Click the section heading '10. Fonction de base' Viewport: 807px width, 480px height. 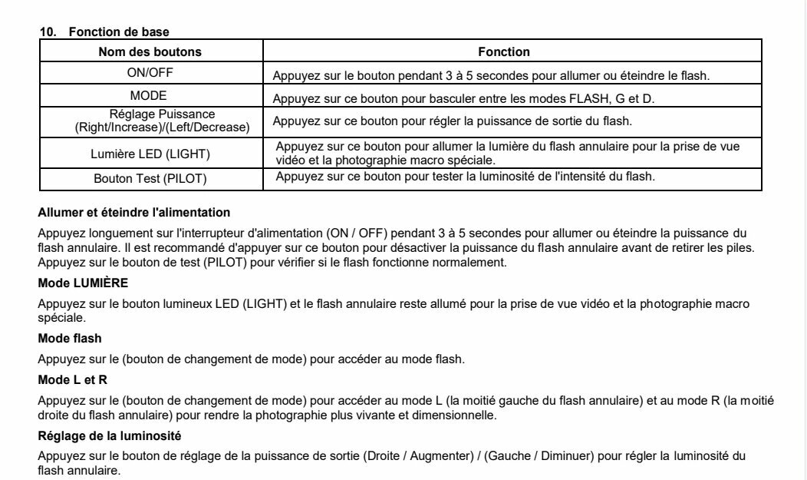coord(104,31)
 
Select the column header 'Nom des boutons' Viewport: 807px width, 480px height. coord(150,52)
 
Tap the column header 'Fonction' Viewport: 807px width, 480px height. coord(504,52)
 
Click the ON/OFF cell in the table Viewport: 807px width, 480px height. coord(150,74)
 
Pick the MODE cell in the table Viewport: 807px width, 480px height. coord(150,96)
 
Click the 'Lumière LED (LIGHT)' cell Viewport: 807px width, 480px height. coord(150,154)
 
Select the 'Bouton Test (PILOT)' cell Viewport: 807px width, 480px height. coord(150,178)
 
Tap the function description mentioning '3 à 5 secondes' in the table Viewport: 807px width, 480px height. coord(491,76)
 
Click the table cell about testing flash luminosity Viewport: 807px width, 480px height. coord(465,177)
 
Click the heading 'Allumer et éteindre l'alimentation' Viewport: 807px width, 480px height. coord(134,212)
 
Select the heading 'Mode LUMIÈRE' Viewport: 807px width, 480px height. coord(83,283)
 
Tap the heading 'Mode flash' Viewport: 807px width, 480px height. coord(70,338)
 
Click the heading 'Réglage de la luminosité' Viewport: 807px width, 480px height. coord(110,435)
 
